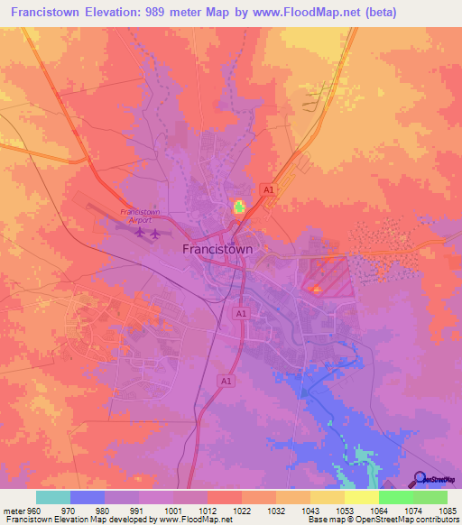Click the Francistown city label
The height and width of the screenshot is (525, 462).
[217, 249]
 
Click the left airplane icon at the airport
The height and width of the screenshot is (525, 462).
[139, 233]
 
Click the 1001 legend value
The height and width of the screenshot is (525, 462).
[172, 510]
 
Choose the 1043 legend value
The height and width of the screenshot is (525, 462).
[310, 510]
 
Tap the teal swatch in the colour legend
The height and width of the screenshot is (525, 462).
[53, 497]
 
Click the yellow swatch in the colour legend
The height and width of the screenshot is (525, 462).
[361, 497]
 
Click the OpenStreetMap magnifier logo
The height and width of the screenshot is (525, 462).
[420, 479]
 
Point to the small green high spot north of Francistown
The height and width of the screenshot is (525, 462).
[239, 207]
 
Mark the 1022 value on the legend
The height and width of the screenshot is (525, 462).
[242, 510]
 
